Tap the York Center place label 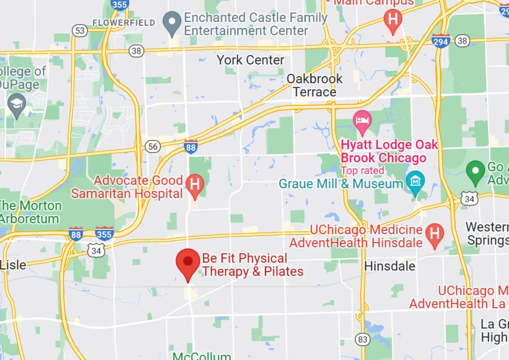click(x=250, y=60)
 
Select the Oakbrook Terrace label click(x=315, y=85)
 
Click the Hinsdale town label click(x=390, y=266)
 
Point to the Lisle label click(x=13, y=265)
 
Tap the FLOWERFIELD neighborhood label click(x=124, y=23)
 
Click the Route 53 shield click(x=80, y=30)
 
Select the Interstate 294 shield click(x=441, y=41)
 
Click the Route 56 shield click(x=153, y=146)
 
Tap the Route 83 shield click(x=362, y=339)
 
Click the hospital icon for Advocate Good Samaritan click(x=195, y=185)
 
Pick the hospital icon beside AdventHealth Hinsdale click(x=435, y=234)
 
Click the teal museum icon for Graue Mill click(x=415, y=181)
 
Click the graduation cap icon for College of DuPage click(x=17, y=103)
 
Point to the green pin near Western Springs click(x=475, y=171)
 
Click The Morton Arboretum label click(x=30, y=212)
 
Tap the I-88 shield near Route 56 click(x=191, y=147)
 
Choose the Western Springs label click(x=487, y=234)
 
